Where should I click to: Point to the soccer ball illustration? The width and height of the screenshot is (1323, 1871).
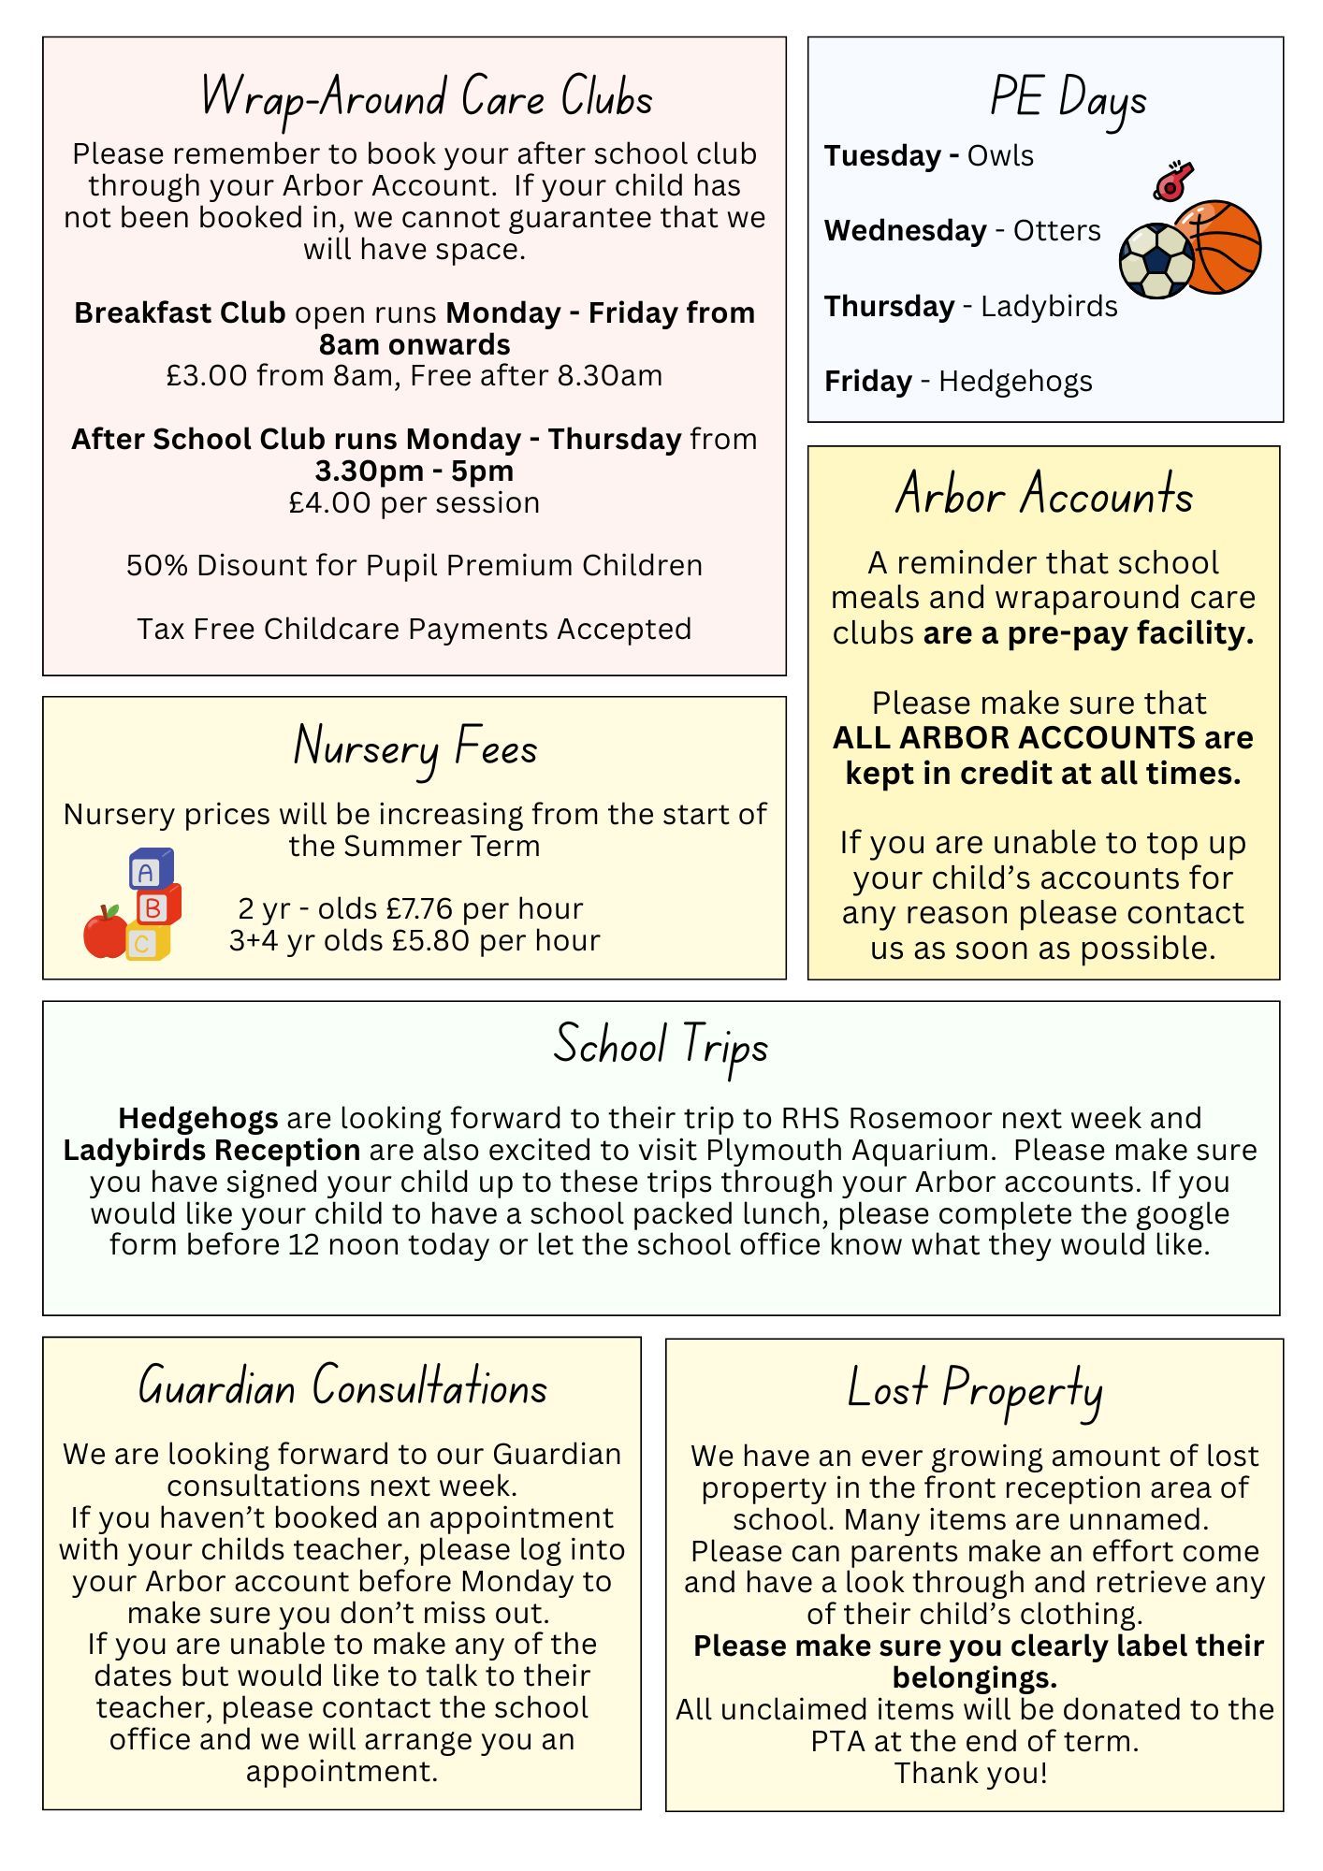tap(1156, 260)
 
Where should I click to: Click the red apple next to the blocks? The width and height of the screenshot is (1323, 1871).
tap(106, 932)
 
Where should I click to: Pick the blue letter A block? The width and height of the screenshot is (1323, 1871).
tap(150, 870)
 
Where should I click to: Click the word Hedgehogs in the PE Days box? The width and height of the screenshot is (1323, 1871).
tap(1015, 382)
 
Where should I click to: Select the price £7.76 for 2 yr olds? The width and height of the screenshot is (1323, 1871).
tap(419, 908)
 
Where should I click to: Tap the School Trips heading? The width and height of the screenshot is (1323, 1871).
tap(661, 1045)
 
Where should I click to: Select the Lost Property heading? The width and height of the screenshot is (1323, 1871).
tap(974, 1389)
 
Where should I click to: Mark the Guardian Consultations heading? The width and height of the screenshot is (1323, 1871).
tap(342, 1386)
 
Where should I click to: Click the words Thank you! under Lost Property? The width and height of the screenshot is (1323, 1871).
tap(971, 1773)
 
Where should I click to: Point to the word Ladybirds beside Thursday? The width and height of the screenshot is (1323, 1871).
tap(1049, 307)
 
